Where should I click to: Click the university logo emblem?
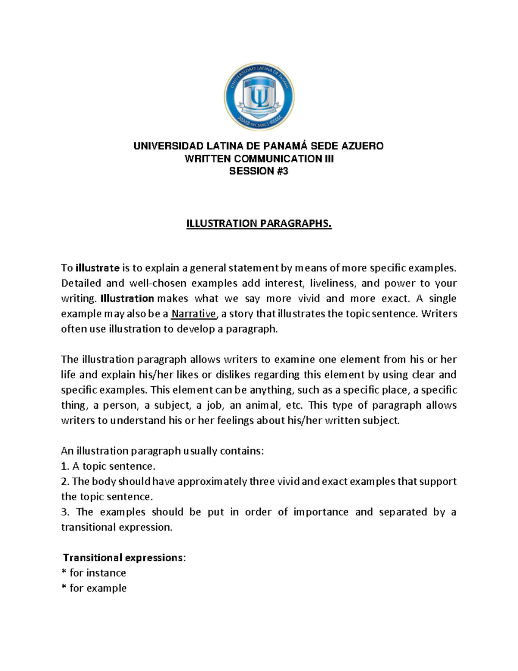pyautogui.click(x=259, y=97)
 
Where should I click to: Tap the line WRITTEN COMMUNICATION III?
pyautogui.click(x=259, y=159)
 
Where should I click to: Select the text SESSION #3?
pyautogui.click(x=259, y=171)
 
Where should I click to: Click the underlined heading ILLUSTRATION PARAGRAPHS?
pyautogui.click(x=259, y=223)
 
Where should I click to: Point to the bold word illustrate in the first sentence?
pyautogui.click(x=97, y=268)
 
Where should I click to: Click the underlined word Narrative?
pyautogui.click(x=193, y=314)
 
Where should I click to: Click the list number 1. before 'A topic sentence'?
pyautogui.click(x=65, y=466)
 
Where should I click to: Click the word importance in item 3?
pyautogui.click(x=321, y=512)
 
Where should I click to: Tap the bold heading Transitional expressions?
pyautogui.click(x=123, y=558)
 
